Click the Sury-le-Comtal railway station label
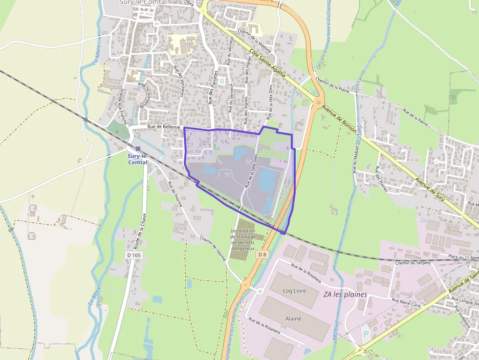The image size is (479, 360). coord(137,159)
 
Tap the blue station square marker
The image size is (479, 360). coord(138,148)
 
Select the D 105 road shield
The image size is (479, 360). coord(133,255)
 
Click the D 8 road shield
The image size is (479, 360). coord(263,254)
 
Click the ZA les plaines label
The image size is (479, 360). coord(345,295)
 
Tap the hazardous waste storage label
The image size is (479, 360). coord(243,239)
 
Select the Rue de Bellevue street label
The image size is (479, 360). coord(164,127)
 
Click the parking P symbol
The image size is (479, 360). coord(366,335)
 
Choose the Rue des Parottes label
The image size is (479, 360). coord(212,87)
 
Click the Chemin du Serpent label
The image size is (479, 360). coord(413,263)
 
